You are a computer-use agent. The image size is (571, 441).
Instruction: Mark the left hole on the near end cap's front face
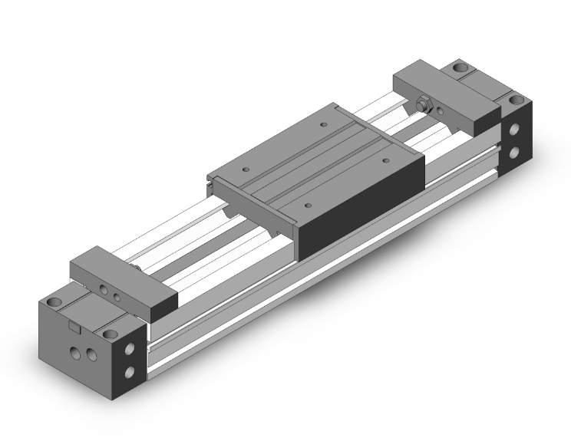pyautogui.click(x=74, y=350)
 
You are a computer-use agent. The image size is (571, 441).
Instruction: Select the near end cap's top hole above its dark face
pyautogui.click(x=111, y=334)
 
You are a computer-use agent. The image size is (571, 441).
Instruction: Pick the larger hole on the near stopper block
pyautogui.click(x=104, y=290)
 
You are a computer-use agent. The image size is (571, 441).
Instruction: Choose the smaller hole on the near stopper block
pyautogui.click(x=117, y=294)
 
